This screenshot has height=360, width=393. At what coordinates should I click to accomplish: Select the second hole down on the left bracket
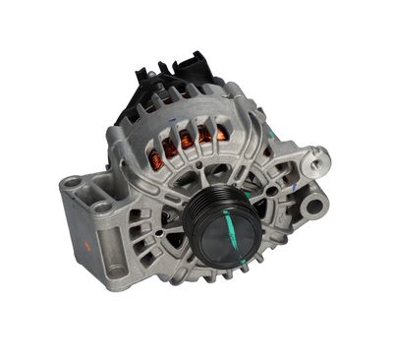(x=101, y=207)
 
